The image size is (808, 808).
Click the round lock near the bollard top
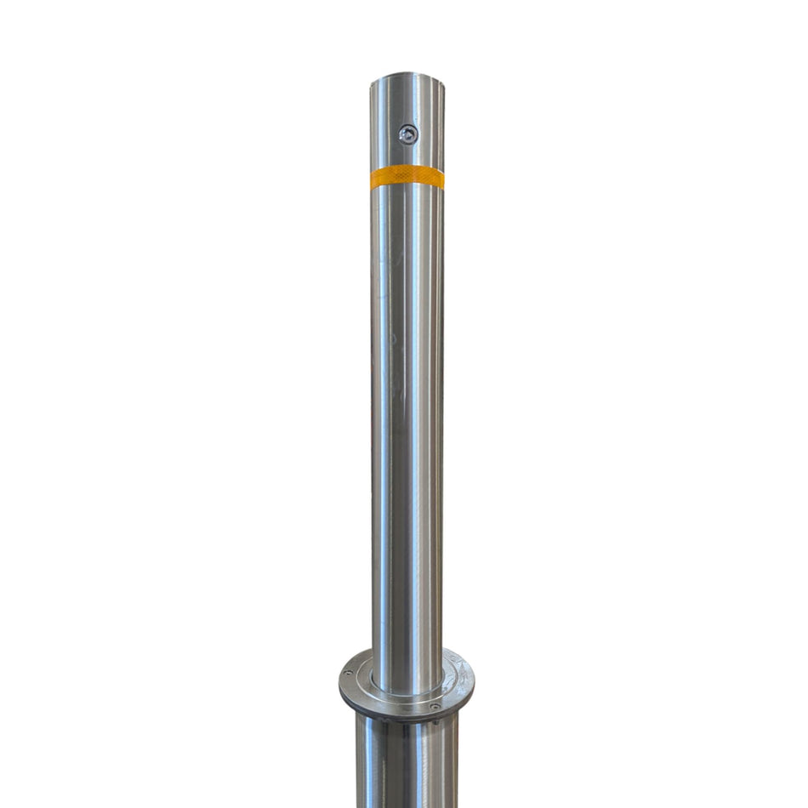[x=408, y=134]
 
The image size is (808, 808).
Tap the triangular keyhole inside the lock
[x=409, y=134]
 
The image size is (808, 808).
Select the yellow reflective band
[x=407, y=177]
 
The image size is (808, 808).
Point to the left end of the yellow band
[x=373, y=179]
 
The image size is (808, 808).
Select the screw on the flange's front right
[x=435, y=706]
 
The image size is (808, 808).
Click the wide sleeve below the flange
[x=407, y=761]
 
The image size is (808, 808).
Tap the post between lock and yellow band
[x=407, y=155]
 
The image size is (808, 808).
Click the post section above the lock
[x=407, y=102]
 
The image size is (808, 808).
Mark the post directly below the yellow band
[x=407, y=213]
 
